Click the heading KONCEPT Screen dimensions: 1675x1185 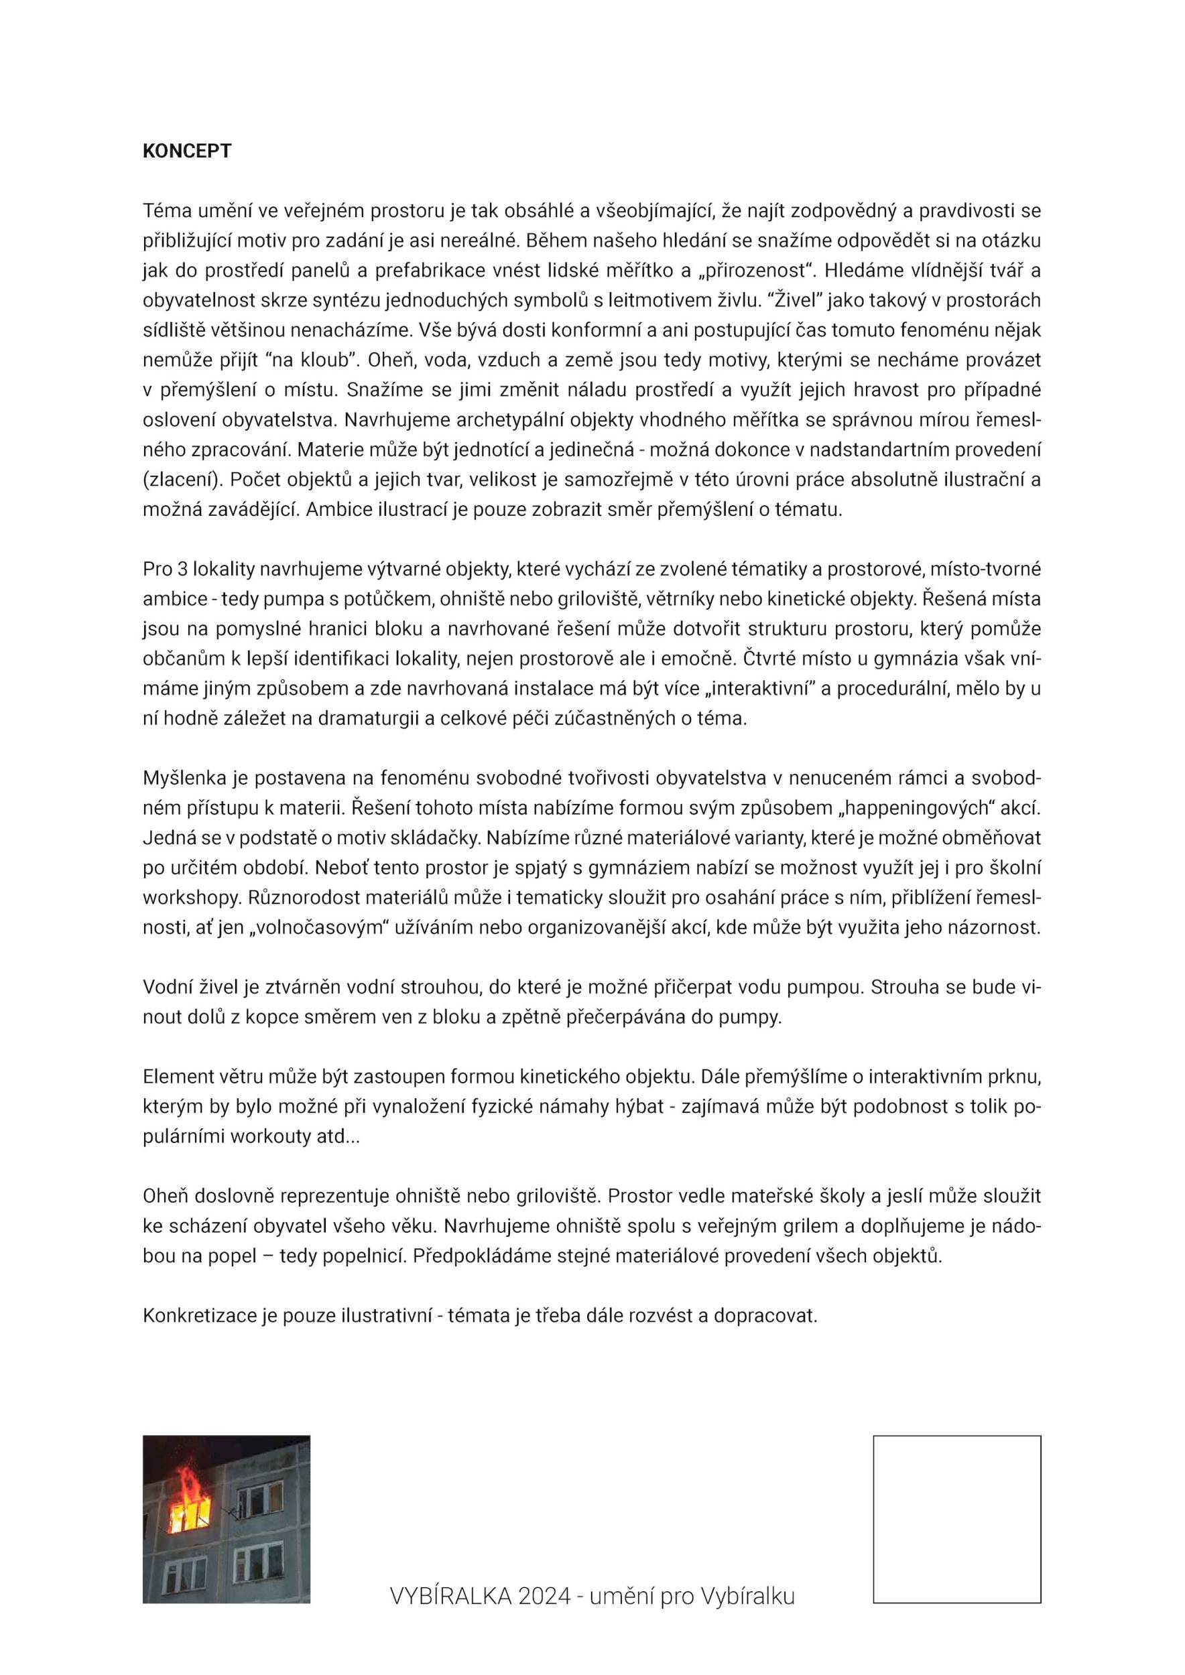tap(187, 151)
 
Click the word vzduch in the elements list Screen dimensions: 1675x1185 tap(507, 360)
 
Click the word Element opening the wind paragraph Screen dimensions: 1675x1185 tap(175, 1077)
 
